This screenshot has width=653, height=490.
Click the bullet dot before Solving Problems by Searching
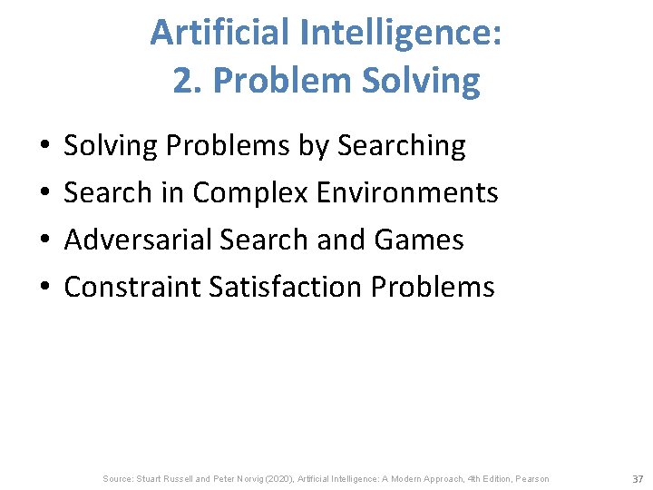43,145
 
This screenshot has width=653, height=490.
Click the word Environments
410,192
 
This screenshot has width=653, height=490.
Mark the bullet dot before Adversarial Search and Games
43,240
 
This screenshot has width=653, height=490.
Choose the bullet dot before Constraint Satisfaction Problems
43,287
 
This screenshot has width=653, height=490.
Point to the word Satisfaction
286,287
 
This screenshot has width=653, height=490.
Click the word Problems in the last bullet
434,287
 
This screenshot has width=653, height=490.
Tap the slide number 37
637,478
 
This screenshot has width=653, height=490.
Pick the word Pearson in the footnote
531,478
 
